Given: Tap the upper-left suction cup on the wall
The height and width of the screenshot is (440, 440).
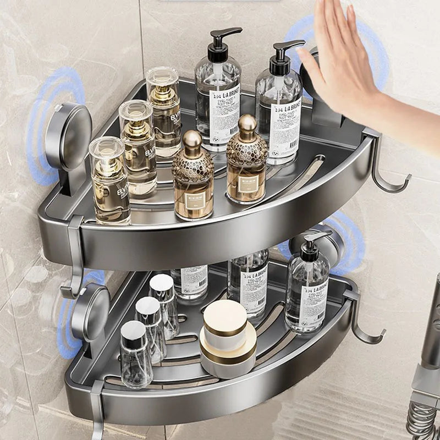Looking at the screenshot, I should [68, 135].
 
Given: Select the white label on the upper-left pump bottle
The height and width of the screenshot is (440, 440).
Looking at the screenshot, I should [224, 112].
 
